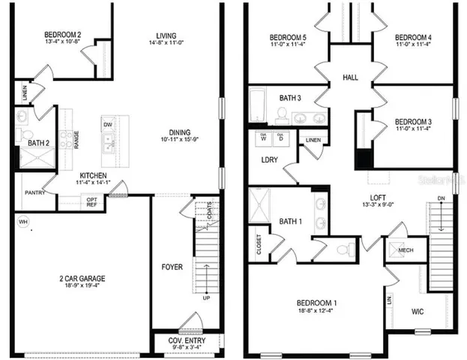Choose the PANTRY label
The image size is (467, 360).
34,193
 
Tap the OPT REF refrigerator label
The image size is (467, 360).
91,202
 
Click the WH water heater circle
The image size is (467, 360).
22,222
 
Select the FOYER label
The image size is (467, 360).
172,266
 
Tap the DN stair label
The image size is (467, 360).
442,198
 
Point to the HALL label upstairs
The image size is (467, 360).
350,78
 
